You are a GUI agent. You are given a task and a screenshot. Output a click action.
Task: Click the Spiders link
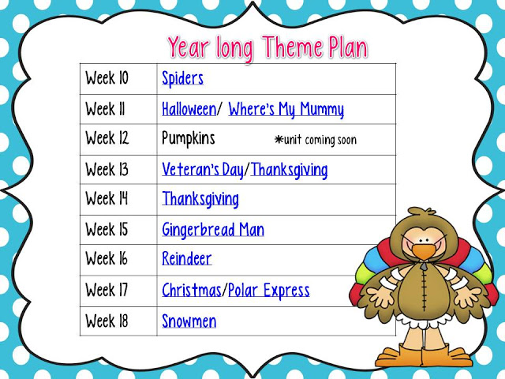click(182, 78)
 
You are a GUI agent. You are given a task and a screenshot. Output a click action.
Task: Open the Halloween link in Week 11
click(189, 109)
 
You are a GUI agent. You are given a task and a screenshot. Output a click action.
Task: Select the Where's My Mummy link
click(286, 110)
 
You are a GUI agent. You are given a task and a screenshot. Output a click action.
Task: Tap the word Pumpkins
click(188, 139)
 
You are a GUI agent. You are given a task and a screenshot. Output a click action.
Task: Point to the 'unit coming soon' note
click(316, 140)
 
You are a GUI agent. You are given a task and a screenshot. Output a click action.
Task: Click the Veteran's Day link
click(203, 170)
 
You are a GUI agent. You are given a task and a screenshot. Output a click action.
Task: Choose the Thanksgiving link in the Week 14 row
click(200, 199)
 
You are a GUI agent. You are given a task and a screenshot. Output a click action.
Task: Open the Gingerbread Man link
click(213, 230)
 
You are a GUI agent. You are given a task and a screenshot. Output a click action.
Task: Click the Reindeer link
click(187, 258)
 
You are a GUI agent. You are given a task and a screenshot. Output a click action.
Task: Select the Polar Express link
click(268, 291)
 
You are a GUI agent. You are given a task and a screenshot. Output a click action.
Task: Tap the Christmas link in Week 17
click(192, 290)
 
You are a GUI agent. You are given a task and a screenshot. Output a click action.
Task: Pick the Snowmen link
click(189, 321)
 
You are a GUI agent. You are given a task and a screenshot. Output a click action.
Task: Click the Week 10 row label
click(107, 78)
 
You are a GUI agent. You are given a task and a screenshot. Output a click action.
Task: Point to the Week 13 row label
click(107, 169)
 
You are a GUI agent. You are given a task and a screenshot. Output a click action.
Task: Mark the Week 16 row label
click(107, 258)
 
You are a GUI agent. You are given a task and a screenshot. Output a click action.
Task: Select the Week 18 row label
click(107, 321)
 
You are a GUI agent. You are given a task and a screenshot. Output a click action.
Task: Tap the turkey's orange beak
click(425, 252)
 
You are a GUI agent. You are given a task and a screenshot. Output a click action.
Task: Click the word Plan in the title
click(348, 47)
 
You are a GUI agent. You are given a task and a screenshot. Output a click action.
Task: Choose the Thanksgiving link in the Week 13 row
click(289, 170)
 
